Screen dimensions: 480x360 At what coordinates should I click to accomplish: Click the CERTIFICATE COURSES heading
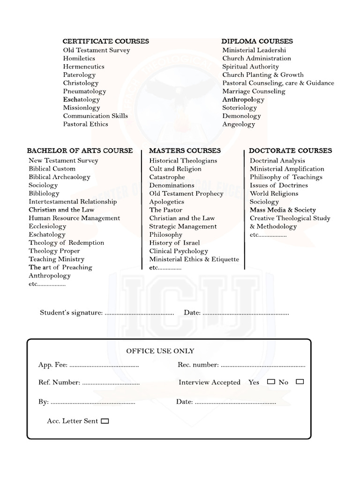point(106,41)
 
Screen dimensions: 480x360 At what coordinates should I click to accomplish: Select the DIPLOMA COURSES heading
point(257,41)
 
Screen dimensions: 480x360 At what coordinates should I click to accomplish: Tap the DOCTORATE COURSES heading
point(290,150)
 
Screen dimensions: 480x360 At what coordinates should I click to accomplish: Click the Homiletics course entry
point(79,58)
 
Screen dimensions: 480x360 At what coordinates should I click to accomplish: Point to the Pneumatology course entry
point(85,91)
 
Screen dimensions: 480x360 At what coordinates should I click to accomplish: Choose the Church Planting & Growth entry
point(263,75)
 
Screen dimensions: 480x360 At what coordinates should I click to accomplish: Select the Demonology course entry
point(241,116)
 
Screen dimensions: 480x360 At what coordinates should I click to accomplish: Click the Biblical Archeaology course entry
point(60,177)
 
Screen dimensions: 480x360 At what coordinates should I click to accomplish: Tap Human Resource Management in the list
point(75,218)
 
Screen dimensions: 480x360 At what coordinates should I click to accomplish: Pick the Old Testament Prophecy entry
point(187,194)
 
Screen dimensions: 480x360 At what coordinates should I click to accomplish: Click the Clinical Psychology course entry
point(179,251)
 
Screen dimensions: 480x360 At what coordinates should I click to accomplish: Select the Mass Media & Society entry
point(283,210)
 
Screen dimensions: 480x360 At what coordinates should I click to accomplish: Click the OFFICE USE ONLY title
point(160,351)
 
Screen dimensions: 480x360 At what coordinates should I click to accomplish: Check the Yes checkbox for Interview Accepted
point(271,382)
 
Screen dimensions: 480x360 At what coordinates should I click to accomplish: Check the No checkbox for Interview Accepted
point(300,382)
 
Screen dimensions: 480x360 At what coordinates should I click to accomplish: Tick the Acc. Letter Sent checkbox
point(105,421)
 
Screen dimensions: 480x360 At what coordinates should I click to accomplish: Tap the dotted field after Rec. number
point(263,365)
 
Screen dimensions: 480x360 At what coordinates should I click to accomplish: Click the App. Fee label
point(53,365)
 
